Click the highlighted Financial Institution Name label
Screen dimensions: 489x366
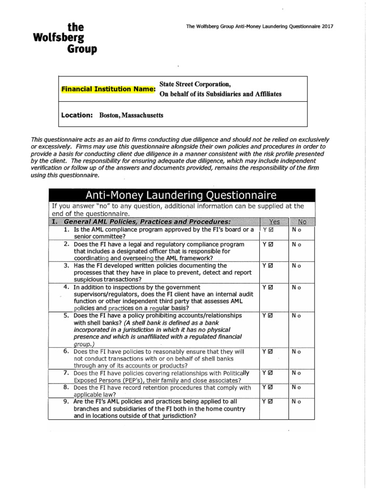pos(108,89)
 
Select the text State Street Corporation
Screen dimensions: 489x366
pos(195,85)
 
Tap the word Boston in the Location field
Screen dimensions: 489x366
pos(110,115)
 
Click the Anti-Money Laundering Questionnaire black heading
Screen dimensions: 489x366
pos(181,195)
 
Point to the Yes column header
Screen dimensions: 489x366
pos(274,222)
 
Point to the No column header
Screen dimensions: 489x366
pos(302,222)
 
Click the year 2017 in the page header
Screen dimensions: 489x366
pos(326,27)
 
